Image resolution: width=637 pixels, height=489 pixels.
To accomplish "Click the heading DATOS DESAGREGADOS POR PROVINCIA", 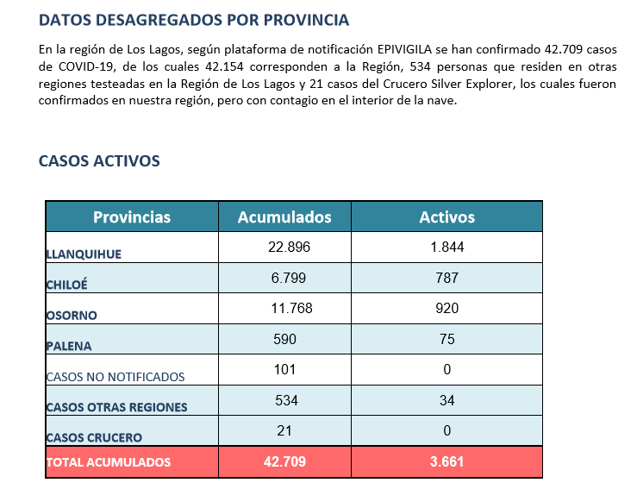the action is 194,20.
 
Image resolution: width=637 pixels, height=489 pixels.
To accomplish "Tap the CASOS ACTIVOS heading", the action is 99,161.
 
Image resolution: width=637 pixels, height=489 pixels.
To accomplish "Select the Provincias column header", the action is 132,217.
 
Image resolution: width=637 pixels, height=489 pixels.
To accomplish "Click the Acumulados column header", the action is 284,217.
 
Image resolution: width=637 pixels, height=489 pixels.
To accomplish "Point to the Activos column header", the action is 447,217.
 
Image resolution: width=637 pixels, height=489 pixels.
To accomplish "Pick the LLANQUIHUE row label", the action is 84,254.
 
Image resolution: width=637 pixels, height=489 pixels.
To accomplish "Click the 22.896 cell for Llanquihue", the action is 289,247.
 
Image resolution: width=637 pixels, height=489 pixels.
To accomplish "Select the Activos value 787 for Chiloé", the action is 447,278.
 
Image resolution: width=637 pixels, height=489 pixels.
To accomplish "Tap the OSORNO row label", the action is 72,316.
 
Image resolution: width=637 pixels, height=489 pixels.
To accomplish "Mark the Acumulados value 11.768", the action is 291,308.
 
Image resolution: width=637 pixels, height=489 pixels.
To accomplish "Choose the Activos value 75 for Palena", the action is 447,339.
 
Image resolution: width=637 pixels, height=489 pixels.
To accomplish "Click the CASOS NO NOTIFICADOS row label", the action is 116,377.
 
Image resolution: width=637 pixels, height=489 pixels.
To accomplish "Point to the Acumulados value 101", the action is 284,369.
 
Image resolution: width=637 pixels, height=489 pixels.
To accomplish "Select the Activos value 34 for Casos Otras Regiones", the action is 447,400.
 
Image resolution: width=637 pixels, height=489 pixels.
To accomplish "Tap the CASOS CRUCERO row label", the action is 94,438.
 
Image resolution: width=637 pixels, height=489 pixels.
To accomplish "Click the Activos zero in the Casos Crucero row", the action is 447,430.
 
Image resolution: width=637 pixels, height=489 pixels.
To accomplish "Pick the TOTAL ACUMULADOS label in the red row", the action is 109,462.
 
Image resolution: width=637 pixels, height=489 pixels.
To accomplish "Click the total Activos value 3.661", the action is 447,461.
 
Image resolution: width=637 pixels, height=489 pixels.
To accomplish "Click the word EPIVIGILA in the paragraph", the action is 404,49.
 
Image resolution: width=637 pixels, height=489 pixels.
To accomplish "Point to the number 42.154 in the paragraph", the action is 224,66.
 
